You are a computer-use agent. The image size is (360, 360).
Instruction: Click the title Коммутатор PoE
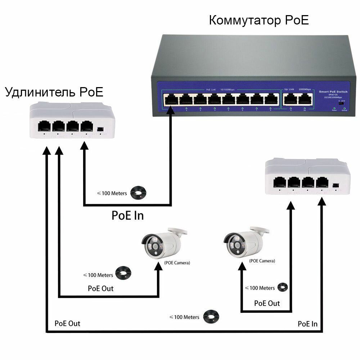(x=259, y=21)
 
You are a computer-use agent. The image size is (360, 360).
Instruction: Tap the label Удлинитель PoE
(x=54, y=92)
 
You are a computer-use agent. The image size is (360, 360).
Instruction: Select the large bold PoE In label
(x=127, y=215)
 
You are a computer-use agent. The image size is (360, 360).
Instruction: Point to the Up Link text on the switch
(x=290, y=89)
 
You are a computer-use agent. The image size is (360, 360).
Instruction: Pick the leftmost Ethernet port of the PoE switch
(x=170, y=99)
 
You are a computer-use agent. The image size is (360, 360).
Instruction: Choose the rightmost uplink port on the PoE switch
(x=305, y=99)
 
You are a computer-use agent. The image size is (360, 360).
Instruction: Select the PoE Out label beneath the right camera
(x=267, y=303)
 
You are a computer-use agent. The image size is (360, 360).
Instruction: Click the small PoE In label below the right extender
(x=307, y=324)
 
